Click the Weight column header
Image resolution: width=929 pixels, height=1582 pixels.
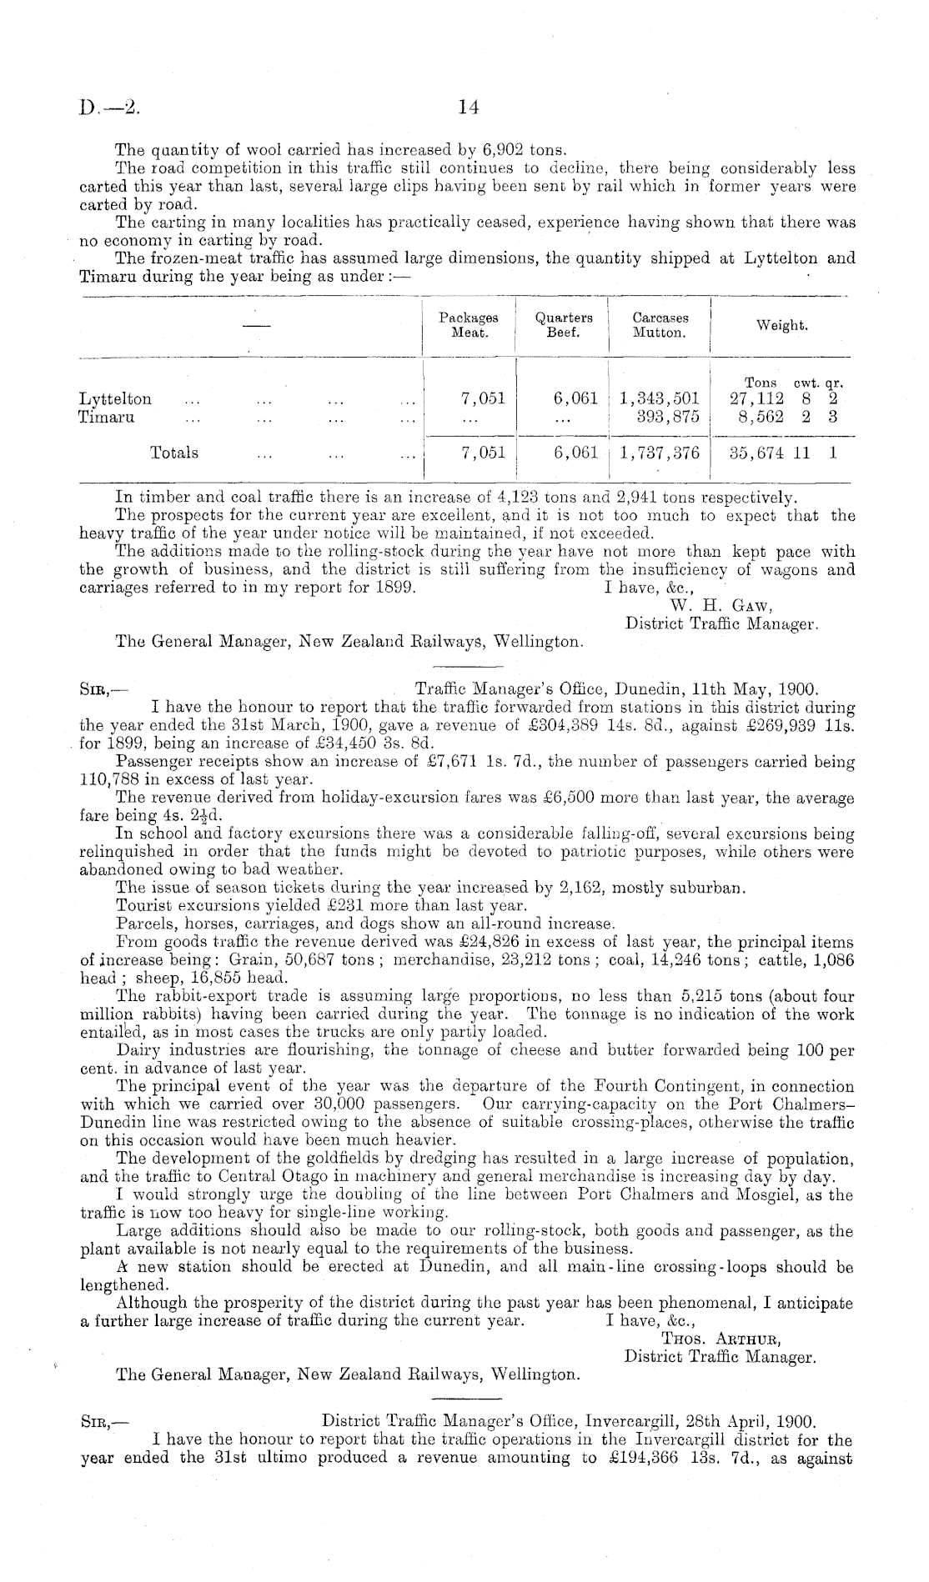pyautogui.click(x=781, y=326)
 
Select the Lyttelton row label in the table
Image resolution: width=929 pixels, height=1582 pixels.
pyautogui.click(x=115, y=399)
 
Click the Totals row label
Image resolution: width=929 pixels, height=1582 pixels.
pyautogui.click(x=174, y=453)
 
